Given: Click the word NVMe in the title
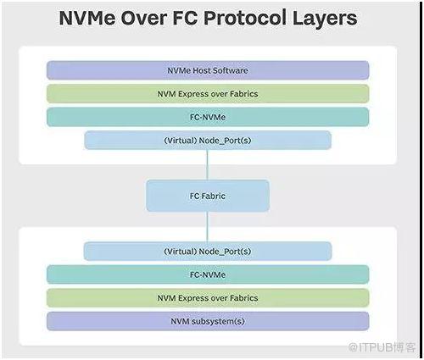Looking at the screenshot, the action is tap(87, 18).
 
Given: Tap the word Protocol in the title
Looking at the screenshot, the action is tap(245, 18).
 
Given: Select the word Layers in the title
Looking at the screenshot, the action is tap(325, 19).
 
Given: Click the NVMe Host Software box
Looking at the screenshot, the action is tap(208, 70).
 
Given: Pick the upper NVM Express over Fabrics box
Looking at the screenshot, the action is tap(208, 94).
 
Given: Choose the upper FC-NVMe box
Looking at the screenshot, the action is tap(208, 117).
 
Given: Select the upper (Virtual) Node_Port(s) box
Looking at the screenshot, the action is tap(208, 140).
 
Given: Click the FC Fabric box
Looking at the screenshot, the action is tap(208, 196).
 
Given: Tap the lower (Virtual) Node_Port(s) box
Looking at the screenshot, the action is tap(208, 251).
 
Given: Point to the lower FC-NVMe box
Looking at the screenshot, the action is tap(208, 274).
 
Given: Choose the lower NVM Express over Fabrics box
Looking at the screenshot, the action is tap(208, 298).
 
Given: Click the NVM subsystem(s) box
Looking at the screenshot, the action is tap(208, 321).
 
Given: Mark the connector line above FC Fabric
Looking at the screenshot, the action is tap(208, 165).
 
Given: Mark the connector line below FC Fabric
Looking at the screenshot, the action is tap(208, 227).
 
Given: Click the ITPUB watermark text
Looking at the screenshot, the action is tap(382, 347).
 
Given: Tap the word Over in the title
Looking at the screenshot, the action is tap(143, 18).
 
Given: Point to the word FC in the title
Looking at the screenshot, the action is tap(185, 18).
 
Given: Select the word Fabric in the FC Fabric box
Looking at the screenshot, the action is tap(214, 196).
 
